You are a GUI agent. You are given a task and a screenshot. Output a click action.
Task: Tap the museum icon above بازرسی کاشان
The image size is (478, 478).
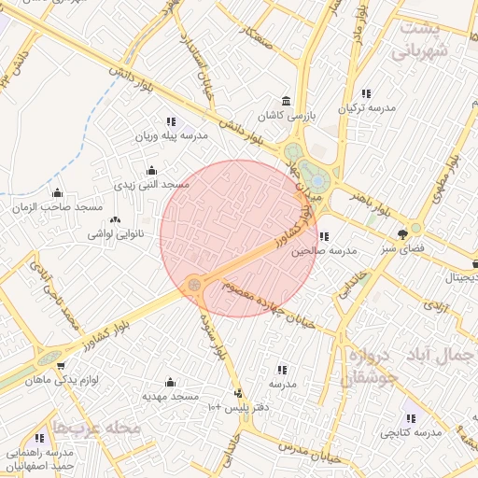pyautogui.click(x=286, y=102)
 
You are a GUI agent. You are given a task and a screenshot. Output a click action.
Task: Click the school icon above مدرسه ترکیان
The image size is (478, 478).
pyautogui.click(x=366, y=94)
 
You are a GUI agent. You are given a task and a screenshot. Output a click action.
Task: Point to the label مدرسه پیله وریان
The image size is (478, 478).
pyautogui.click(x=171, y=136)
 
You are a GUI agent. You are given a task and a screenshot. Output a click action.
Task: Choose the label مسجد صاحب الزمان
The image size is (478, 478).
pyautogui.click(x=58, y=207)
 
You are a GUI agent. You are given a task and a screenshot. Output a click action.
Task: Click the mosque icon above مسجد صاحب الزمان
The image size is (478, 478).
pyautogui.click(x=57, y=193)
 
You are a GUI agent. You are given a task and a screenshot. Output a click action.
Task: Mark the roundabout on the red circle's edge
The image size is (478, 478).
pyautogui.click(x=195, y=282)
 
